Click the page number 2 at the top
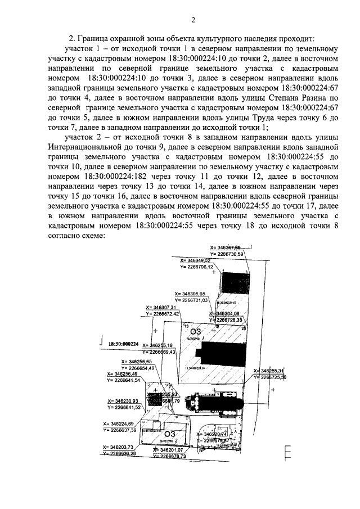coord(193,21)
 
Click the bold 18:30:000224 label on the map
coord(123,343)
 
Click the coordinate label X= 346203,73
coord(118,447)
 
